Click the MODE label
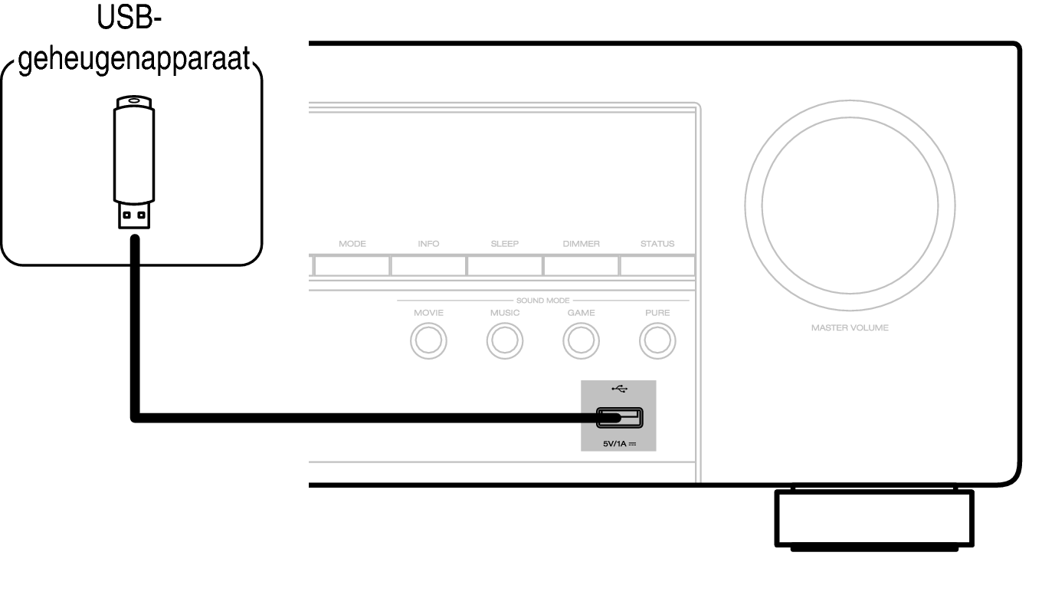click(352, 244)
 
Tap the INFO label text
click(428, 244)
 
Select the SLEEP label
click(505, 244)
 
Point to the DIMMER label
click(581, 244)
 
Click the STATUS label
click(657, 244)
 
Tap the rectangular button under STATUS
click(657, 266)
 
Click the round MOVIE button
click(428, 340)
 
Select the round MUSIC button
click(505, 340)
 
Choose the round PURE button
click(657, 340)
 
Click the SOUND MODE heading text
click(543, 301)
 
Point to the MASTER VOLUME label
click(850, 327)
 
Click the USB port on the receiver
click(620, 418)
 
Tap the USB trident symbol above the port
click(620, 389)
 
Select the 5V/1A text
click(614, 444)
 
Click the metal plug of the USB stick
click(134, 215)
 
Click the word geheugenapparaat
click(134, 60)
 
